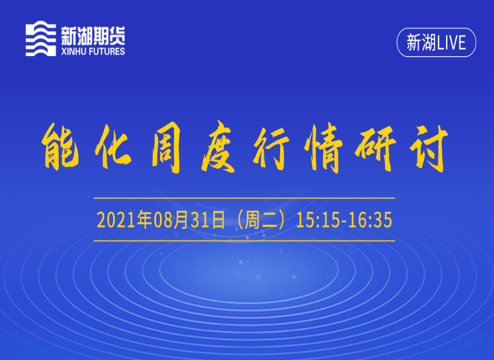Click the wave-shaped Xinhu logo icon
[x=40, y=38]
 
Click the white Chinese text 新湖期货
[x=93, y=36]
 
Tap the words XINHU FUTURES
[x=93, y=51]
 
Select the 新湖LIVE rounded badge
[x=436, y=43]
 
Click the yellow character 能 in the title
[x=60, y=147]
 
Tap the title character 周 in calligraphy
[x=166, y=148]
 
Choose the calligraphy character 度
[x=219, y=147]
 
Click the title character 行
[x=271, y=148]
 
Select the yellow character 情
[x=323, y=148]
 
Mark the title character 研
[x=375, y=148]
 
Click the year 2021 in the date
[x=116, y=220]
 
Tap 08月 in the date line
[x=171, y=220]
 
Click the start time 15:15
[x=318, y=220]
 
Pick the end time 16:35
[x=370, y=220]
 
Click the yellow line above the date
[x=244, y=198]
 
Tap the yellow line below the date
[x=244, y=241]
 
